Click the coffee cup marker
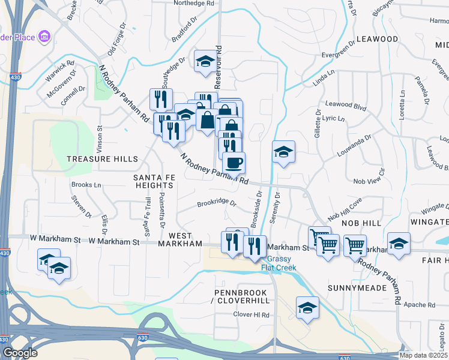pyautogui.click(x=234, y=162)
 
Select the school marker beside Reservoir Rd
pyautogui.click(x=205, y=61)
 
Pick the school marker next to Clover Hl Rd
pyautogui.click(x=307, y=308)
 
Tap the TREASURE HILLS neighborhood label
pyautogui.click(x=102, y=159)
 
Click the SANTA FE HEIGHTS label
pyautogui.click(x=153, y=181)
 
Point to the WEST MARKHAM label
pyautogui.click(x=181, y=239)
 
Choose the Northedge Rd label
pyautogui.click(x=194, y=4)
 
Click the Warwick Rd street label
pyautogui.click(x=62, y=62)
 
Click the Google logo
pyautogui.click(x=20, y=353)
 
